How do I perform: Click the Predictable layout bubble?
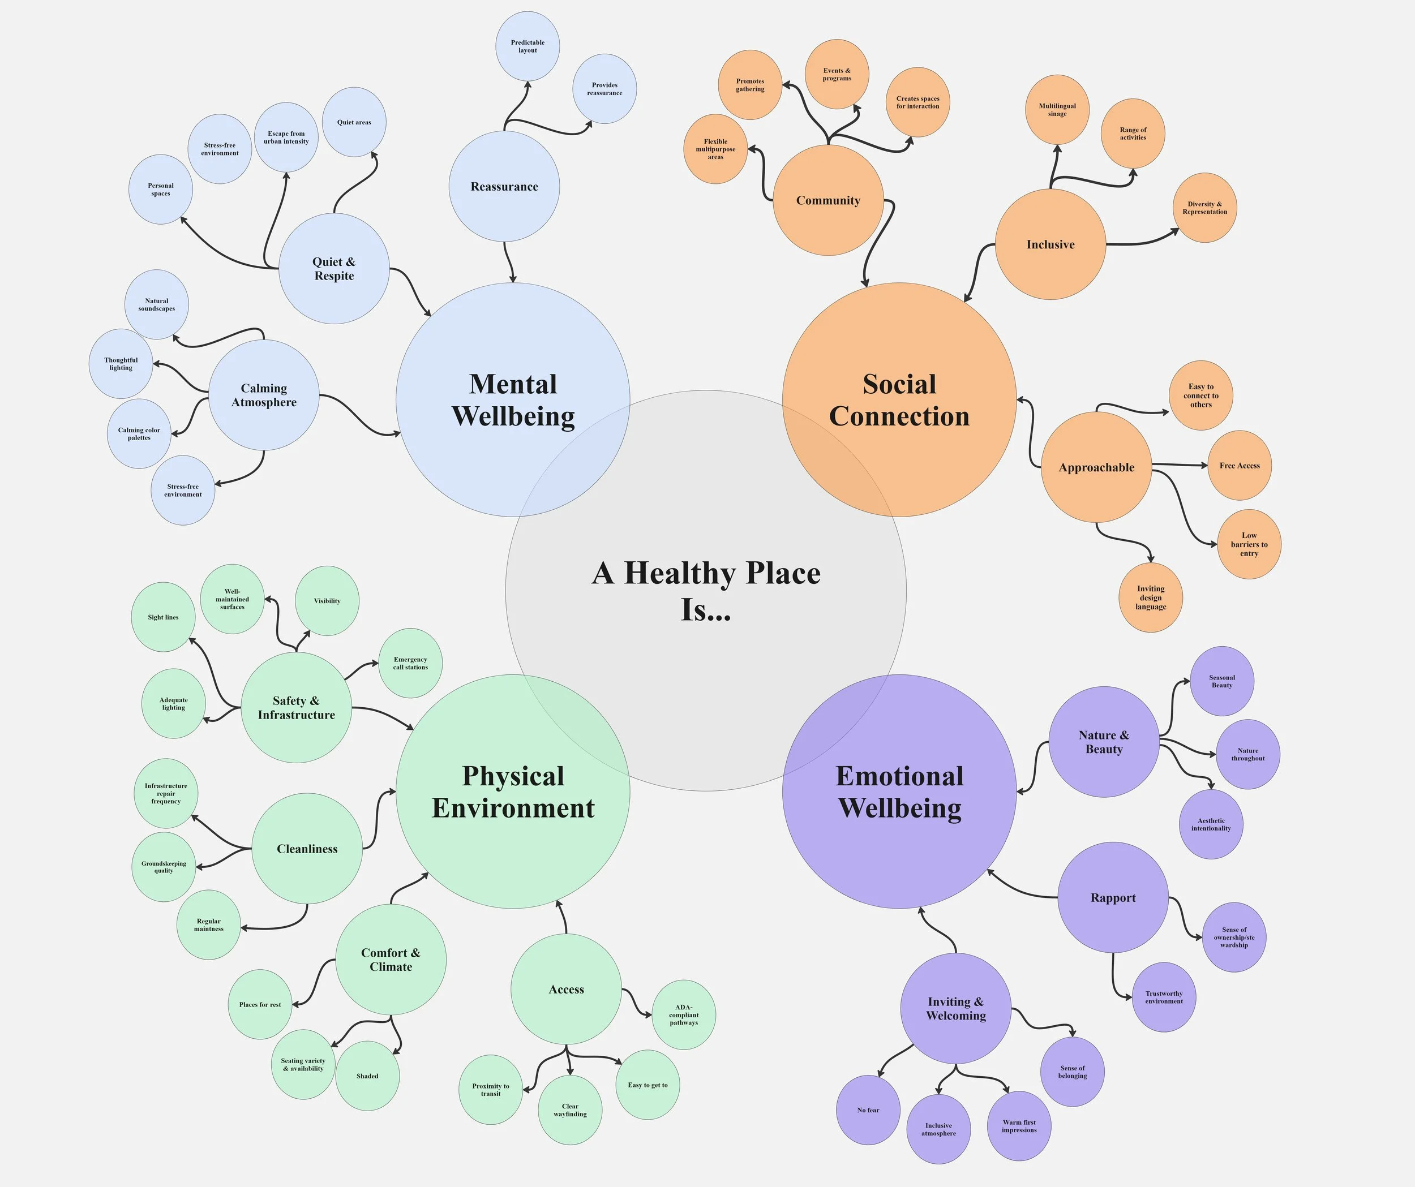(528, 46)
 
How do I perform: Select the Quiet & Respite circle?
(333, 269)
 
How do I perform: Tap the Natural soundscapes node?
(156, 304)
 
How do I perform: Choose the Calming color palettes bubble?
(139, 434)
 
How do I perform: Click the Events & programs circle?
(837, 74)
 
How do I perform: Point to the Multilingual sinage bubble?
(1057, 110)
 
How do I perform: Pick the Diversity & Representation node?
(1205, 208)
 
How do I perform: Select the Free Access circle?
(1239, 466)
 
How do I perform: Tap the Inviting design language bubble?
(1150, 597)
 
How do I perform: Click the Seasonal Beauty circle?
(1221, 681)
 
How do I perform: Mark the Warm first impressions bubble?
(1019, 1126)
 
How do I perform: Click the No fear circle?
(868, 1109)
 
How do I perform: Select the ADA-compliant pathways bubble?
(683, 1014)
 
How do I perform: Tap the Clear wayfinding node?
(570, 1109)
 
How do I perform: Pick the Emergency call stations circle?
(410, 664)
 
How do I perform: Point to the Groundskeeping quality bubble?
(164, 867)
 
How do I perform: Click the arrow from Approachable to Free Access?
(1179, 465)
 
